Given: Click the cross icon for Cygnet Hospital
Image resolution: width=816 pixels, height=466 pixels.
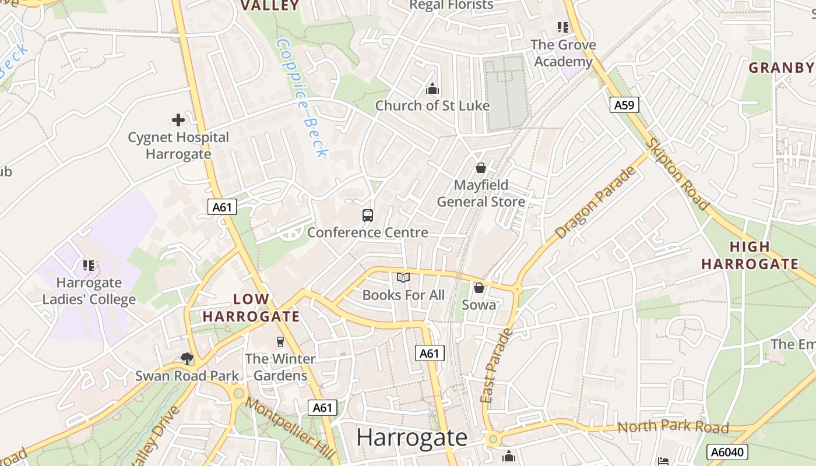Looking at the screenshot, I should point(178,120).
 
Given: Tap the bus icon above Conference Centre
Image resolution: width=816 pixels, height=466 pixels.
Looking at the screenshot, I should point(368,216).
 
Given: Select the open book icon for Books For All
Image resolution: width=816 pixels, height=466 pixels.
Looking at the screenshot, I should point(403,278).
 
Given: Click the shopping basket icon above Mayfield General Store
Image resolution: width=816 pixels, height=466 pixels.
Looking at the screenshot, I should point(481,168).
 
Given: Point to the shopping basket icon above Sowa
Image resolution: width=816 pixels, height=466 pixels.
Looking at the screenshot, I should point(479,288).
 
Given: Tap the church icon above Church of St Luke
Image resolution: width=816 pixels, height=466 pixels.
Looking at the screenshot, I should point(432,89).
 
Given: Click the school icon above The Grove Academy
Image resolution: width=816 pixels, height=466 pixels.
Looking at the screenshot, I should point(563,27).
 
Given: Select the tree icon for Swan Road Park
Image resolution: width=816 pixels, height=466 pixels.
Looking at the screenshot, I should point(187,358).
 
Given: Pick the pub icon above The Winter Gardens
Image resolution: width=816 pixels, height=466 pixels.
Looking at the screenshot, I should point(280,341).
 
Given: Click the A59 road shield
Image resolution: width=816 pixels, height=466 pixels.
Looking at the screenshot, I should point(625,105).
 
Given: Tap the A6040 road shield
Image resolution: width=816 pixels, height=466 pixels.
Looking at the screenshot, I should point(726,452).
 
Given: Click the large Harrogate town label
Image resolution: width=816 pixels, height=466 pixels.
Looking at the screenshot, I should point(411,437).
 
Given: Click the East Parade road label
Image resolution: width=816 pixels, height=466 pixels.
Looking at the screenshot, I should point(495,366).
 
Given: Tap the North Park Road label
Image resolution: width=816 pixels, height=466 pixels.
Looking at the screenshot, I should point(673,427).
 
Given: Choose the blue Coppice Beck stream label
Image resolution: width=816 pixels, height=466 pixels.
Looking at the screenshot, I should point(303,98).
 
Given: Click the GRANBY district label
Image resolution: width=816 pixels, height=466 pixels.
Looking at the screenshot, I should point(781,68).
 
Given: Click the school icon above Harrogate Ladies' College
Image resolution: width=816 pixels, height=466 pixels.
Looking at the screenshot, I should point(89,266).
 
